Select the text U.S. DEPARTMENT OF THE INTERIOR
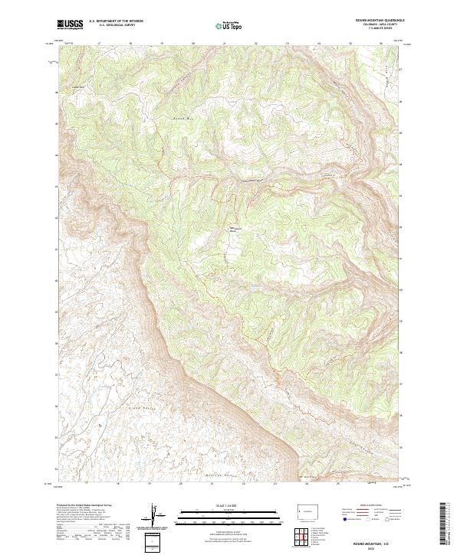click(x=116, y=22)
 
